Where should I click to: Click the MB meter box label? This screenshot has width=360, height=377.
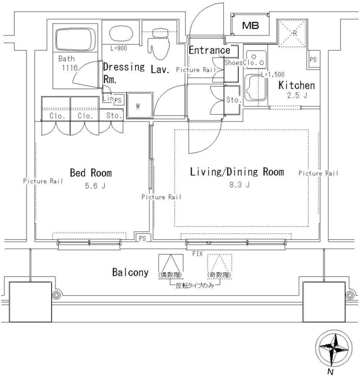(x=251, y=25)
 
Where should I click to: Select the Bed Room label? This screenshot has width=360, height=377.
(x=91, y=173)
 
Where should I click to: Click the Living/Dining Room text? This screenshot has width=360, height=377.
(x=236, y=172)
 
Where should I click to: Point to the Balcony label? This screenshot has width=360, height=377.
(x=130, y=273)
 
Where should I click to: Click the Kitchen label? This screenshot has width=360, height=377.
(x=297, y=85)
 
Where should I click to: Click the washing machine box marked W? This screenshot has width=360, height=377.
(x=137, y=107)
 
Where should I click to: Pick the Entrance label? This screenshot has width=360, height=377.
(x=209, y=50)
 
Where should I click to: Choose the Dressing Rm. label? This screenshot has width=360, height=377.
(x=123, y=72)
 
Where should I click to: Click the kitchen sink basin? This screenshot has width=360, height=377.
(x=254, y=90)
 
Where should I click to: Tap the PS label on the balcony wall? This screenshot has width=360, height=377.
(x=142, y=238)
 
